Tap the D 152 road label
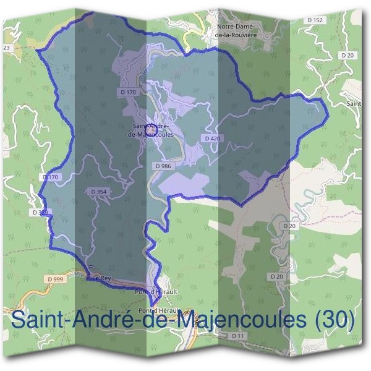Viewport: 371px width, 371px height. click(315, 20)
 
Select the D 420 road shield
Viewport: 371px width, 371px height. click(211, 138)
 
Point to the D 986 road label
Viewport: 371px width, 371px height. click(163, 166)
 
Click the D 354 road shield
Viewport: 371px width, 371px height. click(98, 192)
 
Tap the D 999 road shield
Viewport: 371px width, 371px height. click(55, 279)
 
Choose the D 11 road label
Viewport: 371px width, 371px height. click(238, 335)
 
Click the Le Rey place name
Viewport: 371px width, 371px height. click(101, 279)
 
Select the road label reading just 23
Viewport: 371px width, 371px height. click(7, 47)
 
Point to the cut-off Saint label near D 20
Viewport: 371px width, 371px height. click(354, 103)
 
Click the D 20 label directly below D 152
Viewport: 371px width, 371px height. click(348, 56)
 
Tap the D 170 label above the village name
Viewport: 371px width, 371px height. click(128, 92)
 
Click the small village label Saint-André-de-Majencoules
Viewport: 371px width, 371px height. click(148, 130)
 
